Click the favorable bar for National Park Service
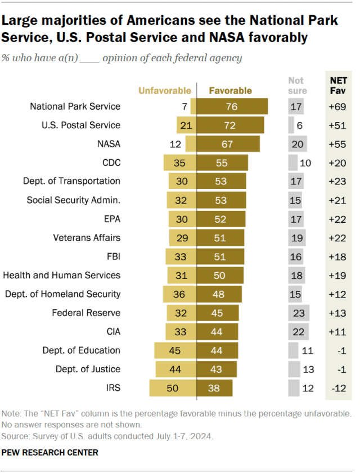point(232,106)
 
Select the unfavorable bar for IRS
point(172,388)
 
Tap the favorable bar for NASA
point(228,143)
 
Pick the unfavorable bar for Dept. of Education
point(175,350)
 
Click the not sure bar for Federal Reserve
point(298,313)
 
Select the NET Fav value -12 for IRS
point(338,388)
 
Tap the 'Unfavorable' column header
point(165,91)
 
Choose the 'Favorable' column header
point(230,91)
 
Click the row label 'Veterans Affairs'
point(86,237)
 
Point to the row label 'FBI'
point(112,256)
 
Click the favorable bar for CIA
point(217,331)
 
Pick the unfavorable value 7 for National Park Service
point(184,106)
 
